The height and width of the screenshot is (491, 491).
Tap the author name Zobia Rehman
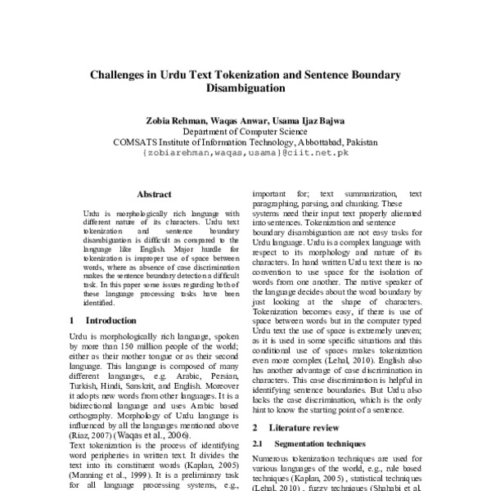pyautogui.click(x=173, y=119)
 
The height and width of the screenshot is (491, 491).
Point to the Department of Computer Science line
pyautogui.click(x=245, y=130)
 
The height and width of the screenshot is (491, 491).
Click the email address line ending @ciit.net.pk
pyautogui.click(x=245, y=152)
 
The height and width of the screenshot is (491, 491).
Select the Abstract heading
pyautogui.click(x=154, y=195)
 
